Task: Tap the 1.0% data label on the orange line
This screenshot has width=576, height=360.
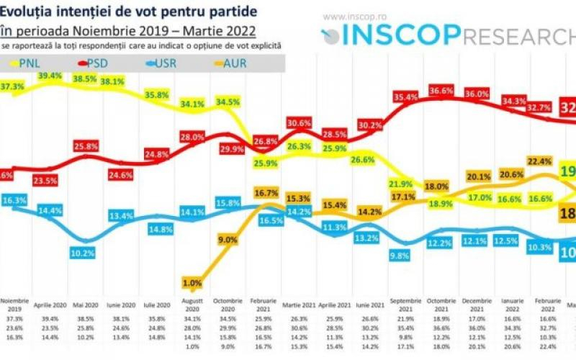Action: coord(192,282)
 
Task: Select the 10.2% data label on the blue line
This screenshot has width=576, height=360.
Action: coord(84,253)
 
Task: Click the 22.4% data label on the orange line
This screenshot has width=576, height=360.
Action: coord(539,161)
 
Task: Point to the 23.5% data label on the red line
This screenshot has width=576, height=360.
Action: coord(49,181)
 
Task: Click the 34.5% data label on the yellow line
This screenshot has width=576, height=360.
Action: coord(228,102)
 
